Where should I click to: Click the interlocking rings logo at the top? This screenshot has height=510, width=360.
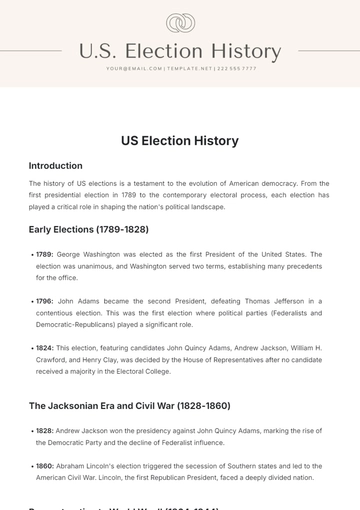(180, 22)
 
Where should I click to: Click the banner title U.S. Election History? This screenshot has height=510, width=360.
(180, 51)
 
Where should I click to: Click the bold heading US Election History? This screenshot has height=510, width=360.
(180, 141)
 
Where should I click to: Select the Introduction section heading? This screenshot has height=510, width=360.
(56, 166)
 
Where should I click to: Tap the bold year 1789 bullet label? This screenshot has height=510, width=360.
(44, 254)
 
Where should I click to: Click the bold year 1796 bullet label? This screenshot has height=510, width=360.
(44, 301)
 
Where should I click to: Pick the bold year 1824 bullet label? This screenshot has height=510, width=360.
(44, 347)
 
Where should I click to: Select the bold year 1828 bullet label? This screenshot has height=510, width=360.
(44, 430)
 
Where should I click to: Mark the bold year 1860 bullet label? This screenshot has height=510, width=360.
(44, 465)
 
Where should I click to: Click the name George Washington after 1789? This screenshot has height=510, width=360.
(90, 254)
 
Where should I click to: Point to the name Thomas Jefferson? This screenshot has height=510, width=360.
(242, 301)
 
